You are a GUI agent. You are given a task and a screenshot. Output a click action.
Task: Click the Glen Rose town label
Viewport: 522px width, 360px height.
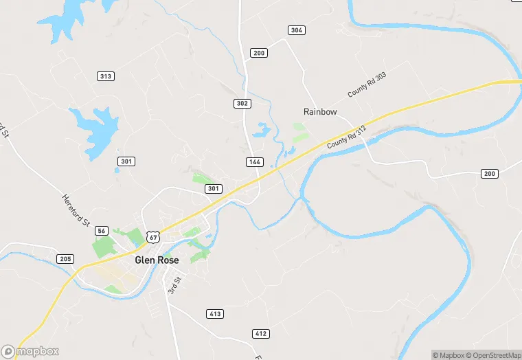click(x=157, y=260)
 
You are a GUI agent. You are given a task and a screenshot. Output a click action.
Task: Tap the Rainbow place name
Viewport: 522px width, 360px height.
click(x=320, y=111)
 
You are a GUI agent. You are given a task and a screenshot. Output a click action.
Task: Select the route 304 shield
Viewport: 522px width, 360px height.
click(x=296, y=30)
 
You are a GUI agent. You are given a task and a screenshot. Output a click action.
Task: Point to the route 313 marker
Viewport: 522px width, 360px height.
click(x=106, y=76)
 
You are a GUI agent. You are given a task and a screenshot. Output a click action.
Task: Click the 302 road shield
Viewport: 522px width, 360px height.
click(x=242, y=104)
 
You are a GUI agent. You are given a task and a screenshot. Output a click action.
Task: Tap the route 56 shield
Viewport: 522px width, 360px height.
click(x=102, y=231)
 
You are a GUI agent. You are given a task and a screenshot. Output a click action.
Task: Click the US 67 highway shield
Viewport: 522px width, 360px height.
click(x=153, y=237)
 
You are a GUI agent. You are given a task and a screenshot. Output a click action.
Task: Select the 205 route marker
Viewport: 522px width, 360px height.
click(x=65, y=259)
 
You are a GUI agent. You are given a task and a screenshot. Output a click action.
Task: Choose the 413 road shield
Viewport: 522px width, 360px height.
click(x=215, y=314)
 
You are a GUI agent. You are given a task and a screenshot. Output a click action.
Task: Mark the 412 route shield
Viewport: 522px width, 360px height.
click(x=260, y=334)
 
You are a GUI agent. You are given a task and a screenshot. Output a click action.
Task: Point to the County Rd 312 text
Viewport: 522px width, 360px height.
click(x=348, y=137)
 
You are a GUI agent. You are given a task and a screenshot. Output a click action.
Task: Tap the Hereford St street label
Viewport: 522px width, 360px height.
click(x=75, y=209)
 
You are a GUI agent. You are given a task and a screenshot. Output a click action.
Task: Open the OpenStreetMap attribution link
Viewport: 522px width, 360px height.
click(x=493, y=355)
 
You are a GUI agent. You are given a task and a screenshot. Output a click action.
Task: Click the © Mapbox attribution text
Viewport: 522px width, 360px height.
click(x=449, y=355)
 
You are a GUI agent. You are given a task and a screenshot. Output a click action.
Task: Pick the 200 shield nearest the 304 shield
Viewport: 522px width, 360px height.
click(x=259, y=53)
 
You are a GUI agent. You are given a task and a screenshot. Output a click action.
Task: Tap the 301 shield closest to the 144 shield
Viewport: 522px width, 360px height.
click(x=214, y=188)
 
